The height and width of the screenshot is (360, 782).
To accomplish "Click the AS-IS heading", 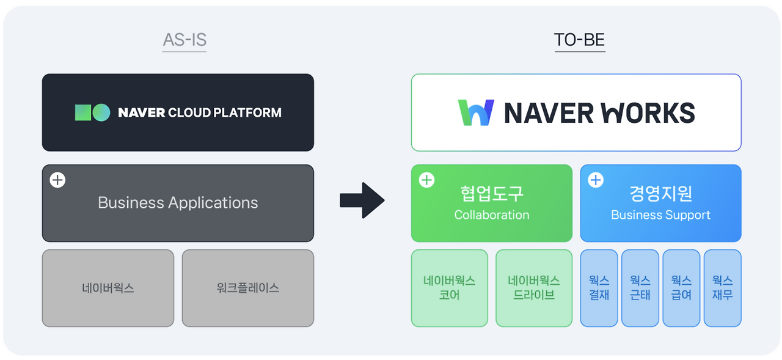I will coord(185,40).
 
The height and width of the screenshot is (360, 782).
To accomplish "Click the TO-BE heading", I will coord(579,40).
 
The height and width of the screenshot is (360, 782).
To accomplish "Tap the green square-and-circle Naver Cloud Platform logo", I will coord(92,112).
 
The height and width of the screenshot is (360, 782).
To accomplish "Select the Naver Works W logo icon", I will coord(476,112).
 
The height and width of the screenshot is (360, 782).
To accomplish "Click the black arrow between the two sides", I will coord(362,200).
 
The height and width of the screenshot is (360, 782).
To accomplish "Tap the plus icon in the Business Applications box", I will coord(57,180).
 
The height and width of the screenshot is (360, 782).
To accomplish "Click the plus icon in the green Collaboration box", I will coord(426,180).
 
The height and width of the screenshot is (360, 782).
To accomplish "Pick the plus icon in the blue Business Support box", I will coord(595,180).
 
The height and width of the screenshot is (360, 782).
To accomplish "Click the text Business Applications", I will coord(178,203).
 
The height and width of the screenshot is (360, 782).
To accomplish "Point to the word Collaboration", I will coord(492,215).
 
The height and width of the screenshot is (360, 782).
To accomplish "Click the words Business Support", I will coord(660,215).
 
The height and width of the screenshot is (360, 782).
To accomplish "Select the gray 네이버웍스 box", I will coord(108,288).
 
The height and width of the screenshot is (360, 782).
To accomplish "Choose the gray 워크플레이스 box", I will coord(248,288).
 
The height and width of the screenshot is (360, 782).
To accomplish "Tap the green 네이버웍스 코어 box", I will coord(450,288).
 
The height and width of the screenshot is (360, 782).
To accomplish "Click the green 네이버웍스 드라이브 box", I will coord(534,288).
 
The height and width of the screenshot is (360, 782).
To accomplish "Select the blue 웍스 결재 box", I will coord(599,288).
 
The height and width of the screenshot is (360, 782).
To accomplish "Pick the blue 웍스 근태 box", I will coord(640,288).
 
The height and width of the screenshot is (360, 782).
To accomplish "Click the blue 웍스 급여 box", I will coord(681,288).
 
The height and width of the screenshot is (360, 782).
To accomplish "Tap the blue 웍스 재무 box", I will coord(722,288).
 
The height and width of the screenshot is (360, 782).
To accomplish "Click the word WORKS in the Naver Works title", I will coord(648,113).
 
